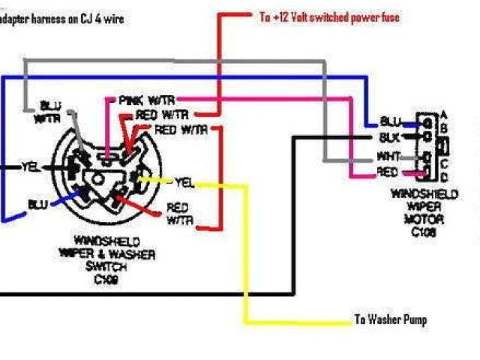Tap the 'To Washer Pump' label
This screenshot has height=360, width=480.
[x=390, y=320]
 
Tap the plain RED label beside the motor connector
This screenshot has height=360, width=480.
[x=387, y=172]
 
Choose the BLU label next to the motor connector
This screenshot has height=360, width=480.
[x=391, y=121]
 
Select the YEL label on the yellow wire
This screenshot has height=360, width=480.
[x=184, y=181]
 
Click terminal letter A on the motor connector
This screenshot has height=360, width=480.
[x=445, y=114]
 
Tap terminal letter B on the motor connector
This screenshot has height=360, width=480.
[x=445, y=127]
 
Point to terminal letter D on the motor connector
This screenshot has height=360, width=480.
[x=445, y=176]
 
